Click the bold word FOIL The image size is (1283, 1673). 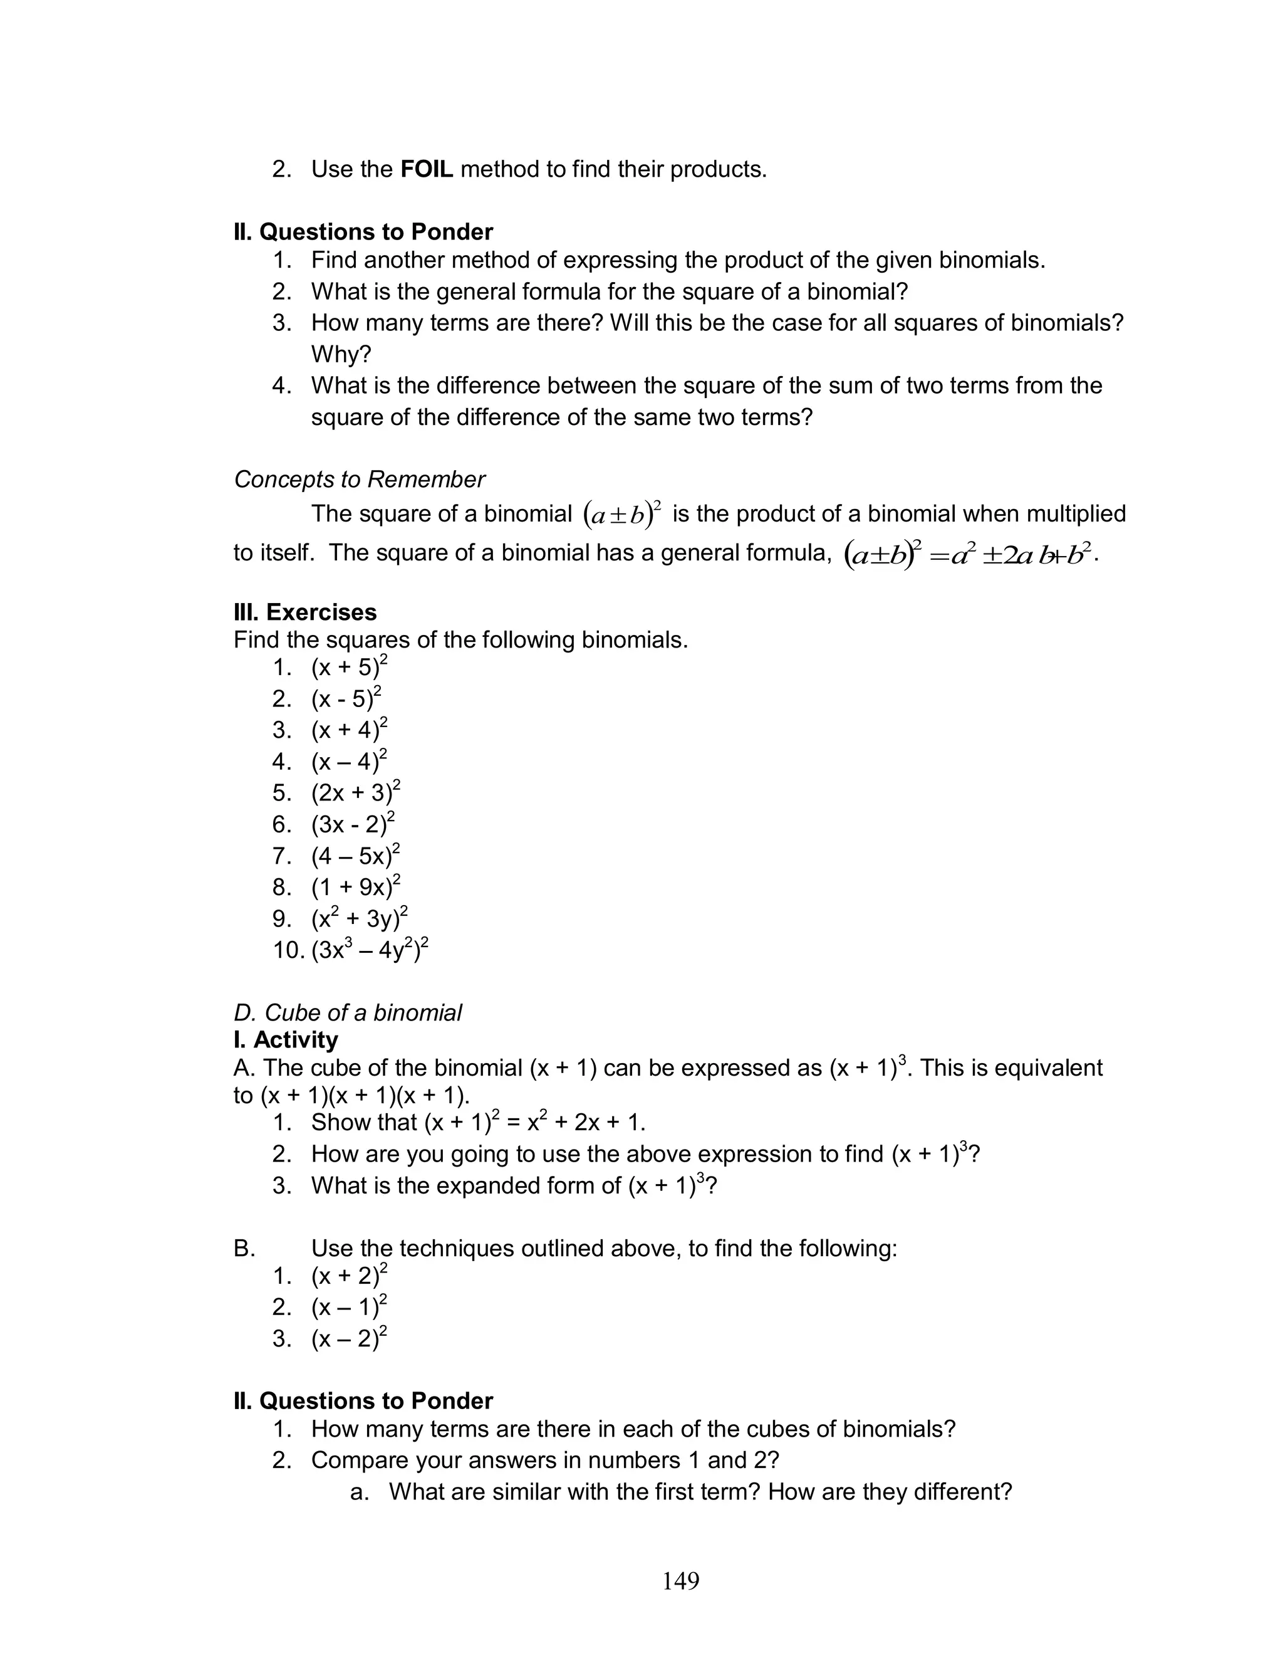pos(426,169)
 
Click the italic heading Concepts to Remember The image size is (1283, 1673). pos(359,479)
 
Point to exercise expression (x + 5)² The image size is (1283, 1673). pos(348,667)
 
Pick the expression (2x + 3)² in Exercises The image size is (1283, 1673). pos(355,792)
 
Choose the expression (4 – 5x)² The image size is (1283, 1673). pos(355,855)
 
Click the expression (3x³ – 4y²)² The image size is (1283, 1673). pos(370,950)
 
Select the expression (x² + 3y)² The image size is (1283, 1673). pos(359,918)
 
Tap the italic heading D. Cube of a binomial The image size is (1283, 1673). pos(348,1012)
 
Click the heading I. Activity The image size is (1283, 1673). pos(286,1040)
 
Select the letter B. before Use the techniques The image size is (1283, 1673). pos(244,1248)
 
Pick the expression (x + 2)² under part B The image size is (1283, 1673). pos(348,1276)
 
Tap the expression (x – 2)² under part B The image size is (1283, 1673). pos(348,1338)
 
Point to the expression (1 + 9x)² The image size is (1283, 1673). pos(355,886)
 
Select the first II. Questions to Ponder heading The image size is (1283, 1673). pos(363,231)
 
